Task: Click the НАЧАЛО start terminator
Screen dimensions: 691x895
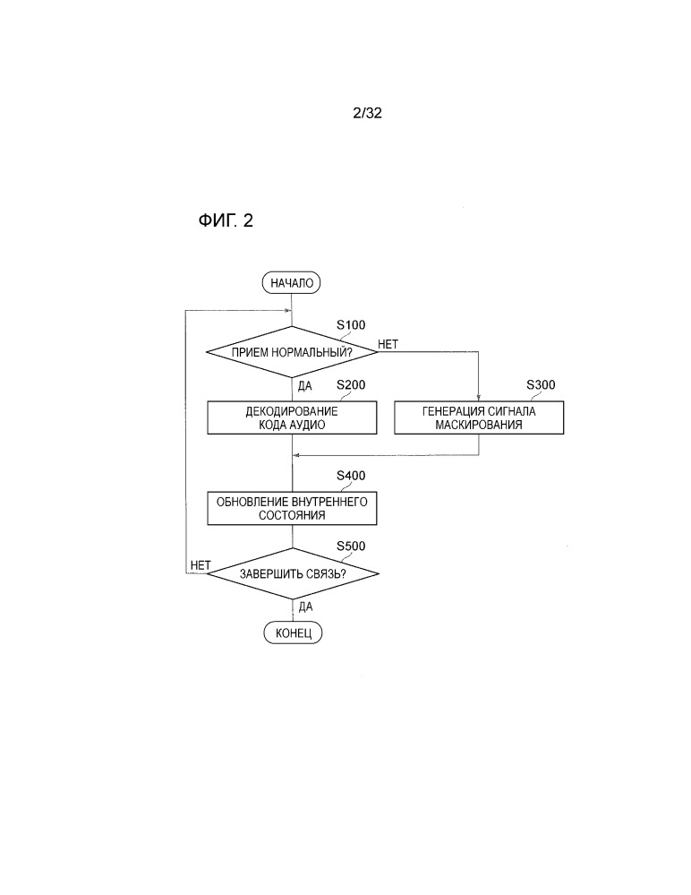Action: [x=291, y=283]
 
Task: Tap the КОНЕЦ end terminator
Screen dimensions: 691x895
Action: [x=293, y=633]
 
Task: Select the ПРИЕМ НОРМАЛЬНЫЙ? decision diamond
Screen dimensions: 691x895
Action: [x=292, y=352]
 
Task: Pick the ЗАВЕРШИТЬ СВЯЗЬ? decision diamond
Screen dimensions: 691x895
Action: [x=293, y=573]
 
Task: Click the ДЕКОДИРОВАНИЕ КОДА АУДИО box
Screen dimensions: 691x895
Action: [x=292, y=417]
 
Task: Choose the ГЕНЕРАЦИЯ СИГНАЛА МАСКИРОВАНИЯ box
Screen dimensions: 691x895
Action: [x=479, y=417]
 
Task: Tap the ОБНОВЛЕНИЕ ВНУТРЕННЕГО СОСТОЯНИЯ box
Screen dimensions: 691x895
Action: [x=292, y=509]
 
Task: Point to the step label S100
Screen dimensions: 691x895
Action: [x=351, y=325]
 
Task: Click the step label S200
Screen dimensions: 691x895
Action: [x=351, y=385]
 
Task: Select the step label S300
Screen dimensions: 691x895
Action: [x=541, y=385]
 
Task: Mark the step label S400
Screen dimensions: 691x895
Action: [x=351, y=476]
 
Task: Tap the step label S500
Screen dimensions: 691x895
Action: [x=351, y=546]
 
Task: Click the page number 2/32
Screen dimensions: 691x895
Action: [x=367, y=113]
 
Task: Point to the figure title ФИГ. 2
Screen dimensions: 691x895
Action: [x=226, y=220]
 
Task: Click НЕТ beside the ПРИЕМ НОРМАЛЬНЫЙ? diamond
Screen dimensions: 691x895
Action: [x=388, y=344]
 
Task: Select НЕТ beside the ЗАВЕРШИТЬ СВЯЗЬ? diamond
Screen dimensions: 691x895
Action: [x=200, y=565]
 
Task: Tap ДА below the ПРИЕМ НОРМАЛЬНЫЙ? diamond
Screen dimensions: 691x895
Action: [x=305, y=386]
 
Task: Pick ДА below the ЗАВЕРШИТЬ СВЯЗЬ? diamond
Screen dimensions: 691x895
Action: [x=305, y=607]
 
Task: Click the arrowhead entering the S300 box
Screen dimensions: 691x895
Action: [x=478, y=399]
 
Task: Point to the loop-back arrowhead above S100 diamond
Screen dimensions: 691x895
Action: [x=289, y=311]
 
